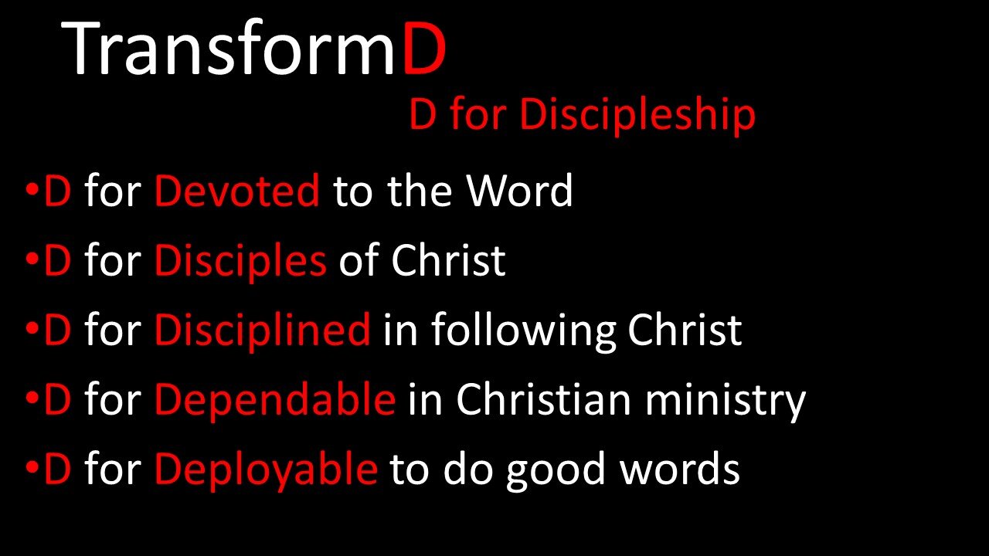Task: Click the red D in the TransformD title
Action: pos(424,49)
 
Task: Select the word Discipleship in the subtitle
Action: pos(637,115)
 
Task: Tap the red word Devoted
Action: pos(236,191)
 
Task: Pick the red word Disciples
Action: pos(240,261)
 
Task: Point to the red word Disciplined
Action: pos(262,331)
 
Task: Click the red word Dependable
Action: pos(274,400)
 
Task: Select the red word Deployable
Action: pos(266,470)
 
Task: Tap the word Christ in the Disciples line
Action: pos(448,261)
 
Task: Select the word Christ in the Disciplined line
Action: pos(685,331)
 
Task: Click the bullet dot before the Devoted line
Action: pos(30,191)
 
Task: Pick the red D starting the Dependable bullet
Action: pos(58,400)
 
